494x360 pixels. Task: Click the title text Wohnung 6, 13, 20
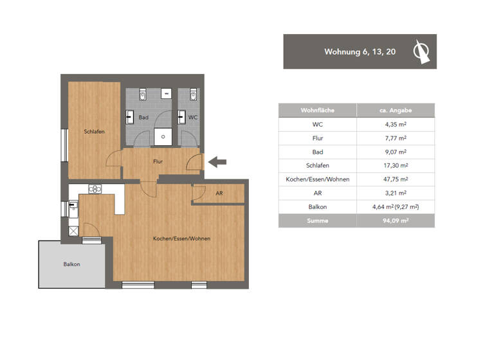360,51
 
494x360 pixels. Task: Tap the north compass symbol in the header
421,51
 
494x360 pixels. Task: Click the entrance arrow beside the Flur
218,162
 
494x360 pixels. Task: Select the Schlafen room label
94,131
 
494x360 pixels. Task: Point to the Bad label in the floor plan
143,118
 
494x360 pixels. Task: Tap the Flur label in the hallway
158,162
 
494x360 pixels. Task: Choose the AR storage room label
219,193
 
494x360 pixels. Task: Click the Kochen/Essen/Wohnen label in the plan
181,239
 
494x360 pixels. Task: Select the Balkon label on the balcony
71,264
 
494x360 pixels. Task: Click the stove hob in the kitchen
95,189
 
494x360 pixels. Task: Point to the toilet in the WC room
194,95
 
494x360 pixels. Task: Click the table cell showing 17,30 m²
395,165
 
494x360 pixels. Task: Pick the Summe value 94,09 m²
395,221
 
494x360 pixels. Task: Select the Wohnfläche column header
318,111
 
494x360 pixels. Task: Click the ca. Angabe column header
395,111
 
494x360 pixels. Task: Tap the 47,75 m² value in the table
395,179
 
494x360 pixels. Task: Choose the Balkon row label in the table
318,207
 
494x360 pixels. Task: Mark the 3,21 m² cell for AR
395,193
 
